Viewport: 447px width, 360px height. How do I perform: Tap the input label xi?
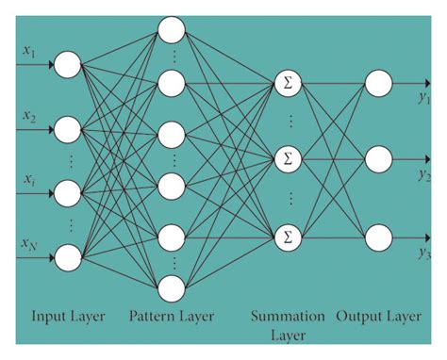pos(29,179)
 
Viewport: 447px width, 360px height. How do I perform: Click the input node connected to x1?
pos(68,65)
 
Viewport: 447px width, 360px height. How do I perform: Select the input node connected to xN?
pos(68,255)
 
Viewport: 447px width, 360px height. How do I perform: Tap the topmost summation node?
pos(287,83)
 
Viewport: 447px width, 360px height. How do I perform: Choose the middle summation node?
pos(287,158)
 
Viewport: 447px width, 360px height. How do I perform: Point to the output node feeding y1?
pos(377,83)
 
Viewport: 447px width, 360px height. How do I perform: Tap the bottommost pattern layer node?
pos(171,286)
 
